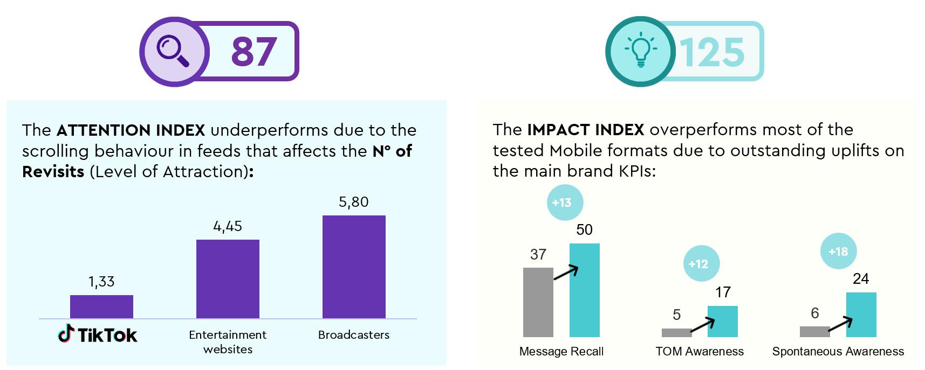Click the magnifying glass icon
173,52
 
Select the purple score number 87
253,52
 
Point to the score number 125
711,52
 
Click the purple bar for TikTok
101,307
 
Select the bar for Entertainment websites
228,279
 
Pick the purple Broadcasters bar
354,267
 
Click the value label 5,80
354,202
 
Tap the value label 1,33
101,282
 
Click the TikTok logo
98,334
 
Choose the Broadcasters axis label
354,334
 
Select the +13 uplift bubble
561,203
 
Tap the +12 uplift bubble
698,264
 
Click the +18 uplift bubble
838,252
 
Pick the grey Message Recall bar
538,302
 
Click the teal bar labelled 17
723,322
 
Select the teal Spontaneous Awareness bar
861,315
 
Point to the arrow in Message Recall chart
566,273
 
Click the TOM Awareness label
700,352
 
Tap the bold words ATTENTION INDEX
131,130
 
